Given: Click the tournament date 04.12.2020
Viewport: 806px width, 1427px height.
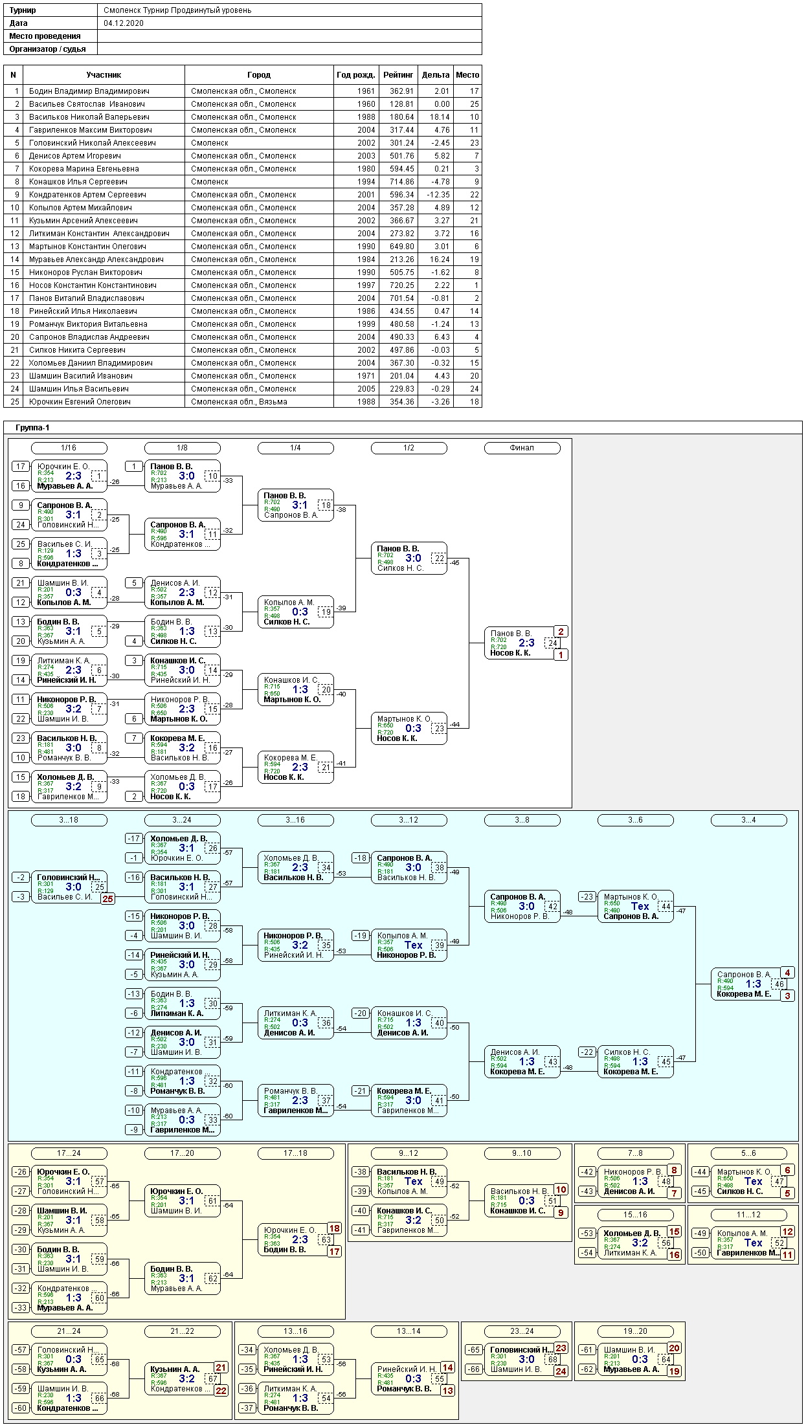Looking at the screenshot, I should [x=124, y=23].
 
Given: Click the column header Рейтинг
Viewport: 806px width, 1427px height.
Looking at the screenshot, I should [x=398, y=75].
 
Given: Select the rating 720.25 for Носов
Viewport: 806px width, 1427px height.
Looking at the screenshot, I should [x=401, y=285].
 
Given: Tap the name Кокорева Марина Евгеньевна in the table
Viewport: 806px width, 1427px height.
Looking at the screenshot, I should [x=84, y=169].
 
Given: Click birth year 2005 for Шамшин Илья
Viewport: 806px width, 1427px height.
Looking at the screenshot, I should [x=366, y=389].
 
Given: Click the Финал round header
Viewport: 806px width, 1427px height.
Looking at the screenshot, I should [x=522, y=448].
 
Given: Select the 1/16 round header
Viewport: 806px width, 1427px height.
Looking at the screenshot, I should [x=69, y=448].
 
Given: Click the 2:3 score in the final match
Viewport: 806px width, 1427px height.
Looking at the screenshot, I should [x=526, y=643].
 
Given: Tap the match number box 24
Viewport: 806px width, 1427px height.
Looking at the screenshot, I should [x=552, y=643].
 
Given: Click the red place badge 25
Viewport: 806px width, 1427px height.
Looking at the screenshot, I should [x=107, y=898].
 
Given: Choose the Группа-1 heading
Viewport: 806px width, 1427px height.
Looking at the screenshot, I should [x=32, y=428].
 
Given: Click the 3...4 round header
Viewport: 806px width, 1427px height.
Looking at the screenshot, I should [x=748, y=820].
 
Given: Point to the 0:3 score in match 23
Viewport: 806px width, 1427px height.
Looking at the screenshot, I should [x=413, y=728].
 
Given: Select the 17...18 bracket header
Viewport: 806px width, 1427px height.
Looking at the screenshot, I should [x=295, y=1153].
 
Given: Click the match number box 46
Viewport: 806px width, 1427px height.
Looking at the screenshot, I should [x=779, y=984].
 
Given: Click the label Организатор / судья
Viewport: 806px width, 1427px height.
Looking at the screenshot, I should [x=47, y=49].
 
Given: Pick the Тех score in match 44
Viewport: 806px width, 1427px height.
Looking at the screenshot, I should [x=640, y=906].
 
